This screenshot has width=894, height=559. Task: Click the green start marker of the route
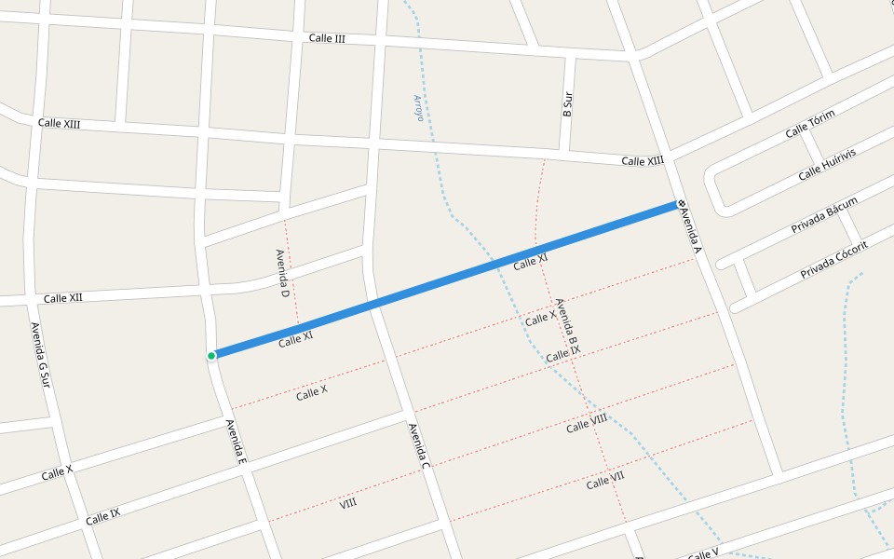pos(212,355)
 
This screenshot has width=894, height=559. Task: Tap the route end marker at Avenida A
pos(682,203)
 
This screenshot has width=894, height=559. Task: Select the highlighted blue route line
pos(447,279)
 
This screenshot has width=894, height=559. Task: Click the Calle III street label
pos(327,39)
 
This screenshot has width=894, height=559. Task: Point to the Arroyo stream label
pos(418,108)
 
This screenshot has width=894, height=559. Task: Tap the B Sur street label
pos(567,102)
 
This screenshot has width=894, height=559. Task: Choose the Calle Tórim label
pos(810,123)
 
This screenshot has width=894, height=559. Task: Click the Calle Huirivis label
pos(827,164)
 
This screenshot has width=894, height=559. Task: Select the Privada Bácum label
pos(824,215)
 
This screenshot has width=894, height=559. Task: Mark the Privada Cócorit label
pos(834,259)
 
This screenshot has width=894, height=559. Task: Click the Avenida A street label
pos(690,231)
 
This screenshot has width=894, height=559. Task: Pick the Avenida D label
pos(283,273)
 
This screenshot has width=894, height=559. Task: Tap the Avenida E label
pos(236,443)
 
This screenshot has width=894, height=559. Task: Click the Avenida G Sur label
pos(39,355)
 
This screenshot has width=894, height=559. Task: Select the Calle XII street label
pos(62,298)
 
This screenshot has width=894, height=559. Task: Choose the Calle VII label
pos(605,481)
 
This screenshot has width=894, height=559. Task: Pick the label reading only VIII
pos(348,503)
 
